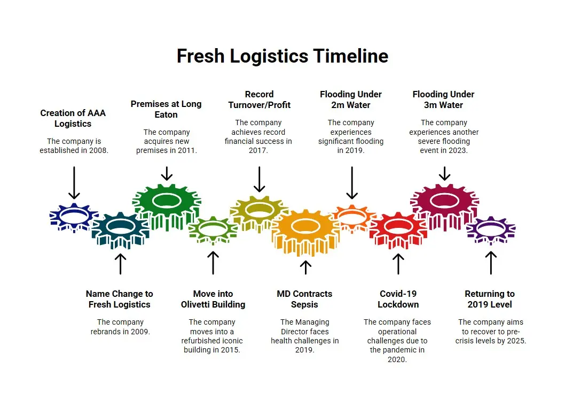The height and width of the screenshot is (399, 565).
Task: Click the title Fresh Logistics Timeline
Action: coord(282,56)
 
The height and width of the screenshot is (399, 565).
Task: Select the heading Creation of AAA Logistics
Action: coord(73,118)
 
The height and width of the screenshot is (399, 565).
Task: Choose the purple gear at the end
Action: coord(490,228)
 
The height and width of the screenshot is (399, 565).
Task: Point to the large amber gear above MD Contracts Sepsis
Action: coord(305,231)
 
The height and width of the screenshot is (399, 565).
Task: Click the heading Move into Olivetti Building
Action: coord(213,299)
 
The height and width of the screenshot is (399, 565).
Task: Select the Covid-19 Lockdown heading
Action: coord(398,299)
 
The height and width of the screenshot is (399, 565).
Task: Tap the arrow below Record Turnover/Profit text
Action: coord(259,179)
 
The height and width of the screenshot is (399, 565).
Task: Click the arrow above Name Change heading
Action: coord(120,263)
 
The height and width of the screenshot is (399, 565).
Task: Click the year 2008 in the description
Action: coord(98,151)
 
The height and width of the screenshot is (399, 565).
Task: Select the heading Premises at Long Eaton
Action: coord(166,109)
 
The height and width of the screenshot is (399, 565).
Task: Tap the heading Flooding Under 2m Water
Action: coord(351,99)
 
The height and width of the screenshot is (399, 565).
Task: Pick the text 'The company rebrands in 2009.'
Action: coord(120,327)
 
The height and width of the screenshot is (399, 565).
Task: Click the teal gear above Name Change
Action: coord(120,228)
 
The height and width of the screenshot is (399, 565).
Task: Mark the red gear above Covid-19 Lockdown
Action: coord(398,228)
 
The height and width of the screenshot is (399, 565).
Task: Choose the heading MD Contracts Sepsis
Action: coord(304,299)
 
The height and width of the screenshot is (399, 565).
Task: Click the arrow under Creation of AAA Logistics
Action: coord(74,182)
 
